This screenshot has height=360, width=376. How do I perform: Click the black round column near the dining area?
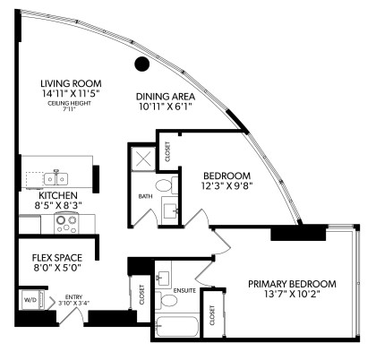(x=141, y=64)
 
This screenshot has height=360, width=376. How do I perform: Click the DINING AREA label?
(x=164, y=96)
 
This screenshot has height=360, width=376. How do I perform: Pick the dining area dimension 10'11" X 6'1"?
(x=164, y=108)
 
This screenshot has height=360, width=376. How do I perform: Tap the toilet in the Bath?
(x=163, y=186)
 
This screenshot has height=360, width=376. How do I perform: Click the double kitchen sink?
(x=54, y=176)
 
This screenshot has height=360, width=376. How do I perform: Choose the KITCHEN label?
(x=57, y=194)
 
